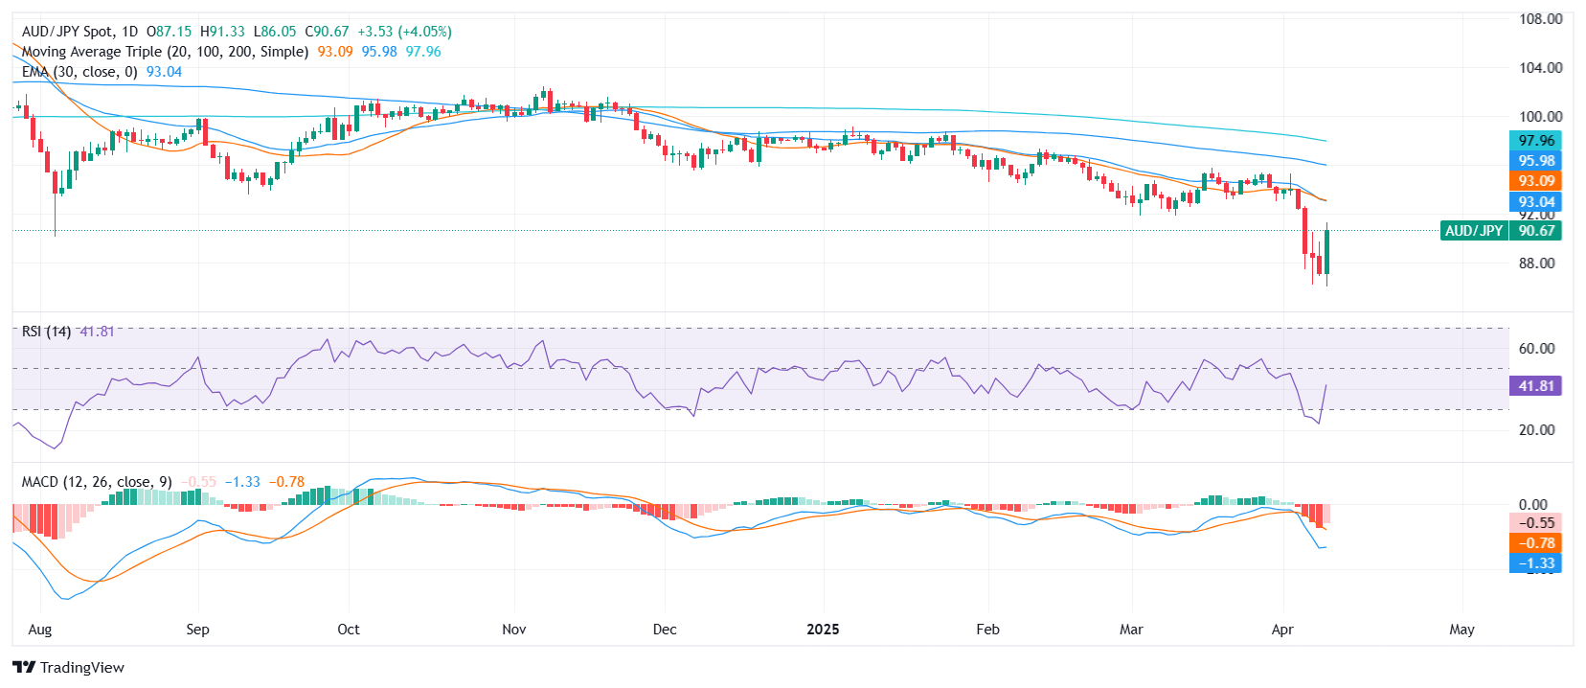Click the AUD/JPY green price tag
[1473, 231]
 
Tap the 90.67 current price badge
[1535, 231]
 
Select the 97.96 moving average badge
[1535, 141]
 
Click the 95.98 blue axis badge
[1535, 161]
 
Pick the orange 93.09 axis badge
[1535, 181]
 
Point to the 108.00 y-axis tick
[1540, 19]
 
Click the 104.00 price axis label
[1540, 68]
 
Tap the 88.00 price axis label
[1536, 264]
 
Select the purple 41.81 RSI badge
[1535, 386]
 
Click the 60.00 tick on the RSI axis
[1536, 349]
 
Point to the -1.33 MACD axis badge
[1535, 563]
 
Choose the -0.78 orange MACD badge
[1535, 543]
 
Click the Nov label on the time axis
[514, 630]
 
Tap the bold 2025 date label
[823, 630]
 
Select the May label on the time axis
[1461, 630]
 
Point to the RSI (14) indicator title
[46, 332]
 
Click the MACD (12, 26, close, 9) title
[97, 482]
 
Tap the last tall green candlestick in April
[1326, 251]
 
